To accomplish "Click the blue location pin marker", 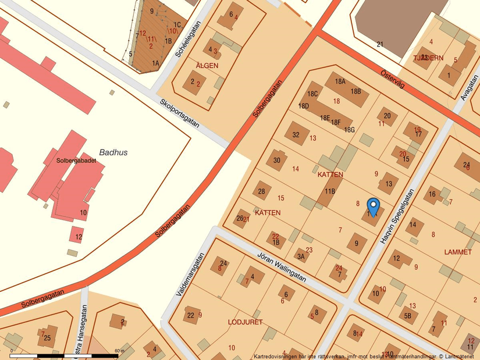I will (x=373, y=206).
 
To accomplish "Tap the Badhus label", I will (x=113, y=152).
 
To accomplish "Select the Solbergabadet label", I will (x=76, y=160).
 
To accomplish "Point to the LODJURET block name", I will (x=245, y=322).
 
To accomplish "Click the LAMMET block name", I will (x=457, y=252).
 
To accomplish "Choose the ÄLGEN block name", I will (x=207, y=66).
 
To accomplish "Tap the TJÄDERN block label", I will (x=428, y=58).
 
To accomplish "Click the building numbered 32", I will (x=296, y=135).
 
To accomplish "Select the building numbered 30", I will (x=277, y=161).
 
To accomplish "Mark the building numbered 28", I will (x=262, y=191).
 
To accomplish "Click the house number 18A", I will (x=340, y=82).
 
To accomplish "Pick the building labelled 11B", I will (x=330, y=191).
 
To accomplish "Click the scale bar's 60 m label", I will (x=119, y=351).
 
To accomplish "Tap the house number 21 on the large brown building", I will (x=380, y=44).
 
